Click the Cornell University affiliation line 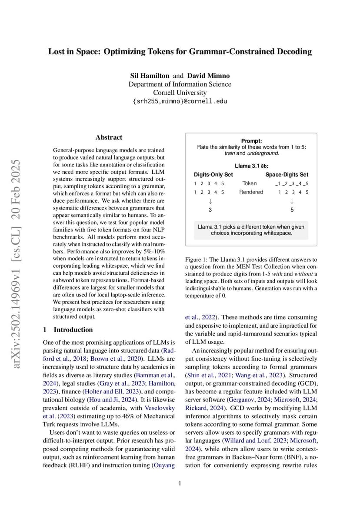pos(180,93)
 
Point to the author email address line pos(180,101)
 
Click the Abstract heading pos(109,137)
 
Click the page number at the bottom pos(180,483)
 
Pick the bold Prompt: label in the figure pos(251,141)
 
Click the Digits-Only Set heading pos(213,175)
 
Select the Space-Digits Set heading pos(287,175)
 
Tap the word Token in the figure pos(250,183)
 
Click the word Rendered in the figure pos(251,192)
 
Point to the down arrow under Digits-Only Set pos(210,201)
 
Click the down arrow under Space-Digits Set pos(292,201)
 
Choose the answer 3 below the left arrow pos(210,210)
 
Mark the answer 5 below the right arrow pos(292,210)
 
